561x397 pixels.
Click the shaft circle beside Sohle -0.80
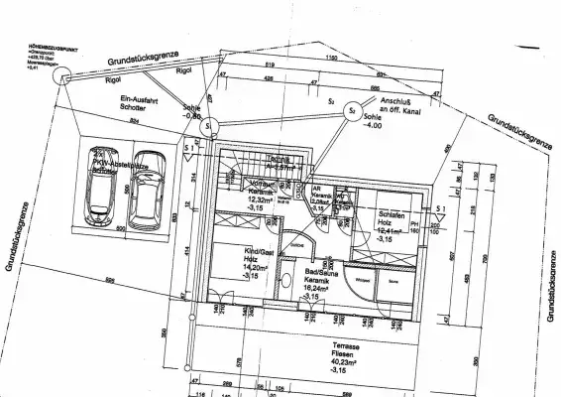pyautogui.click(x=208, y=127)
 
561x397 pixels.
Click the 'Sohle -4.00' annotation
pyautogui.click(x=372, y=124)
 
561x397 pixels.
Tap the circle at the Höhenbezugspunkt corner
pyautogui.click(x=58, y=77)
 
